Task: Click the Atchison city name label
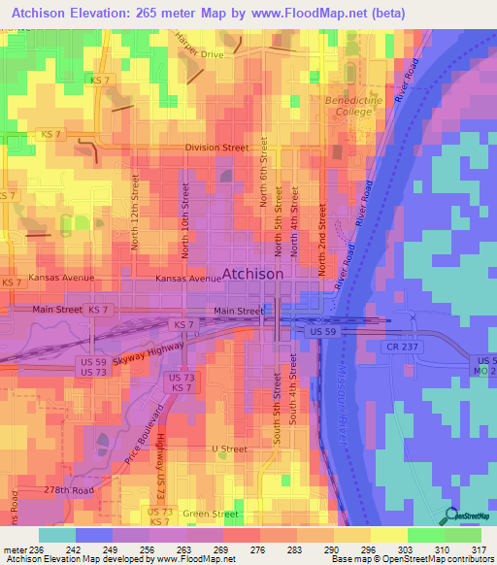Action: coord(253,275)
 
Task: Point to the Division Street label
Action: coord(217,149)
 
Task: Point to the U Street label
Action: coord(230,449)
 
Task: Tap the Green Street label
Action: coord(211,514)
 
